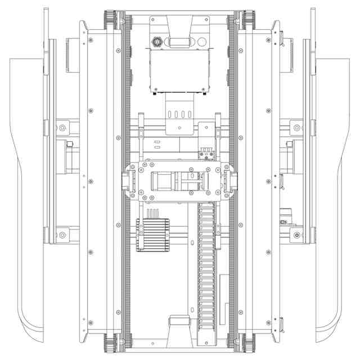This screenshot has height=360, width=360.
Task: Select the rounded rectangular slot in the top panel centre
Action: click(179, 41)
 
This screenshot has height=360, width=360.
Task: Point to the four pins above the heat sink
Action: click(152, 213)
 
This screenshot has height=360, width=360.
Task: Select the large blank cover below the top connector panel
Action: click(179, 70)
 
